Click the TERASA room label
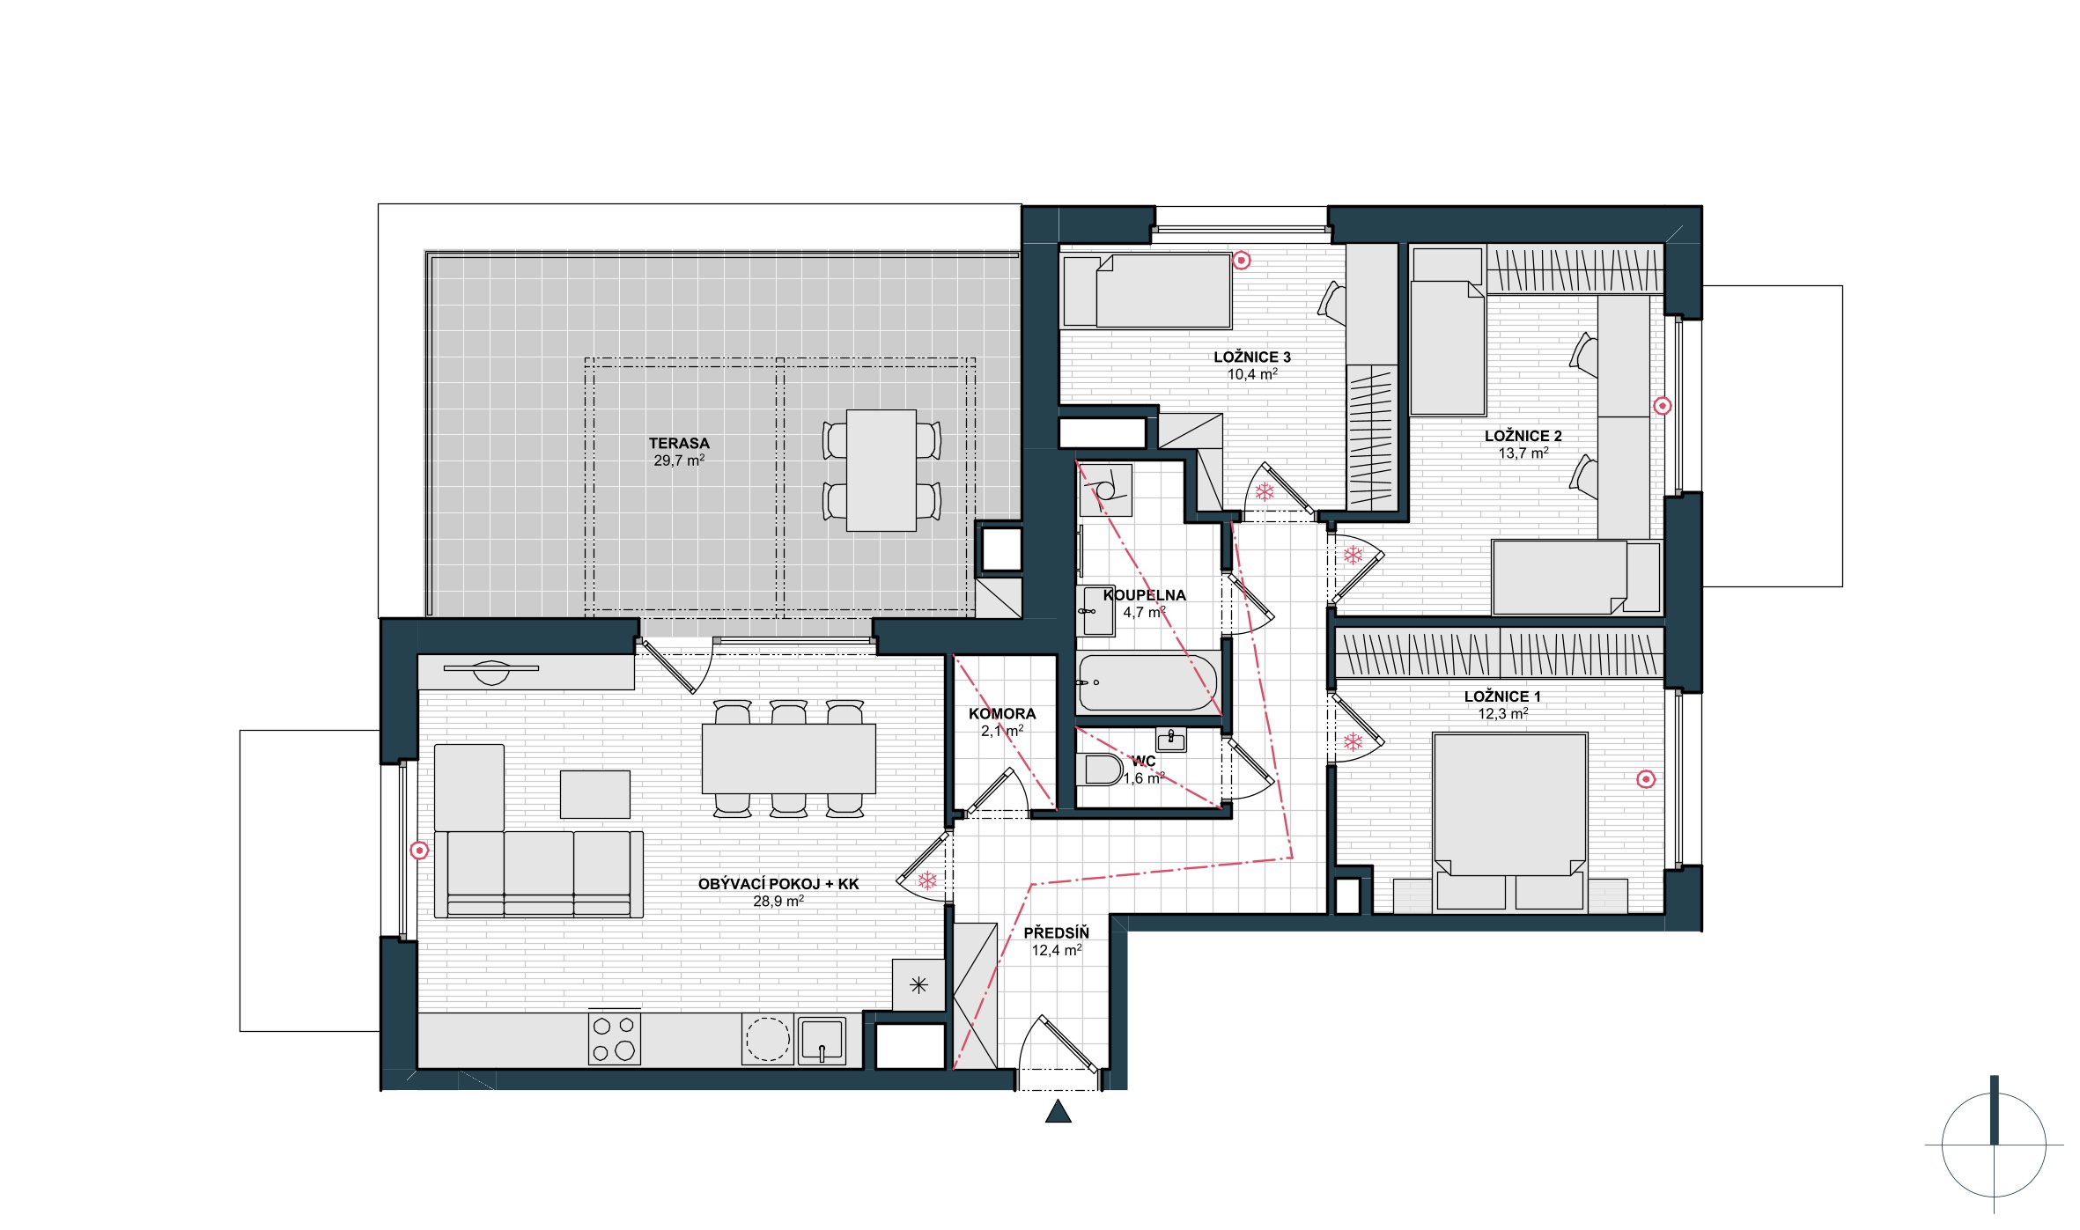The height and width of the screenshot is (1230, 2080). (x=679, y=444)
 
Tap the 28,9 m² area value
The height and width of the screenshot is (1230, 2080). (x=778, y=902)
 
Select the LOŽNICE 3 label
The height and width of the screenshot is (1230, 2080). (x=1252, y=357)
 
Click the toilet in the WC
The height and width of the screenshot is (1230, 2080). (x=1100, y=770)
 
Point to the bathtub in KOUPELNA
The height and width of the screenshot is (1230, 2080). (x=1147, y=682)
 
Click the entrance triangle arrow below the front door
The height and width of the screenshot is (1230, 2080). (x=1058, y=1112)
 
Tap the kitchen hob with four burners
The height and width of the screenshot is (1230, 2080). (x=615, y=1038)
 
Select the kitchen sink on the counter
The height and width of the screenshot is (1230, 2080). (x=822, y=1041)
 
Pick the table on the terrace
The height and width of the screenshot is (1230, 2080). (x=881, y=470)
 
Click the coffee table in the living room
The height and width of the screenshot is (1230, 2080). (x=595, y=794)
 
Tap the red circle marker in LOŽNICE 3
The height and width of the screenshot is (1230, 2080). (x=1241, y=261)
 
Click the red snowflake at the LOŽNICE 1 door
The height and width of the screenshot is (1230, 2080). (x=1353, y=742)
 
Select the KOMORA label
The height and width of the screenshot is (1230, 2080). (x=1002, y=714)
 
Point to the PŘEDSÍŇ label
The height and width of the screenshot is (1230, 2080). (x=1057, y=933)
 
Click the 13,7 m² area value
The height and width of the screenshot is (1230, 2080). (x=1523, y=453)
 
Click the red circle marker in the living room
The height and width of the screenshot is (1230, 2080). (x=420, y=851)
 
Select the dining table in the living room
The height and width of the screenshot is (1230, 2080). (x=789, y=759)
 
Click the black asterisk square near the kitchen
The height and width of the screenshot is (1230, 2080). (x=918, y=985)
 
